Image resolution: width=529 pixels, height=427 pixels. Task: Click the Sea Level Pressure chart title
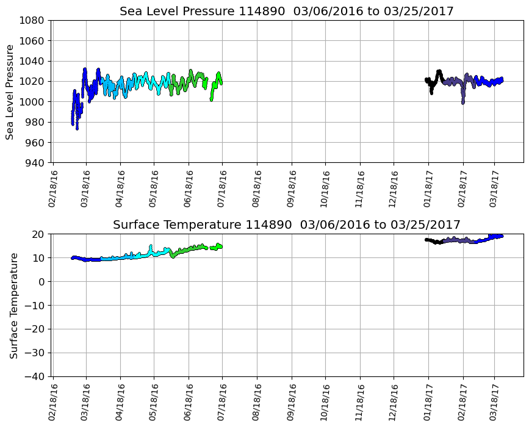(x=286, y=12)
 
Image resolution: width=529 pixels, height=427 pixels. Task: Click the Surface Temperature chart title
(x=286, y=225)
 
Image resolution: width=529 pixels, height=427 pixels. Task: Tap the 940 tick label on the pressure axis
(x=34, y=163)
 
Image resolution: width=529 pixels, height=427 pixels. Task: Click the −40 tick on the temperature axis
(x=35, y=376)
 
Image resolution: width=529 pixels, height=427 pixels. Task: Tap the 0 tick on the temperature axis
(x=43, y=282)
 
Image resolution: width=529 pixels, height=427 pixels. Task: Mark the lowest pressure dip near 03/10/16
(x=77, y=127)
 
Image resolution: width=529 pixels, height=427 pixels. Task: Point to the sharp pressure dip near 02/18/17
(x=463, y=101)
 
